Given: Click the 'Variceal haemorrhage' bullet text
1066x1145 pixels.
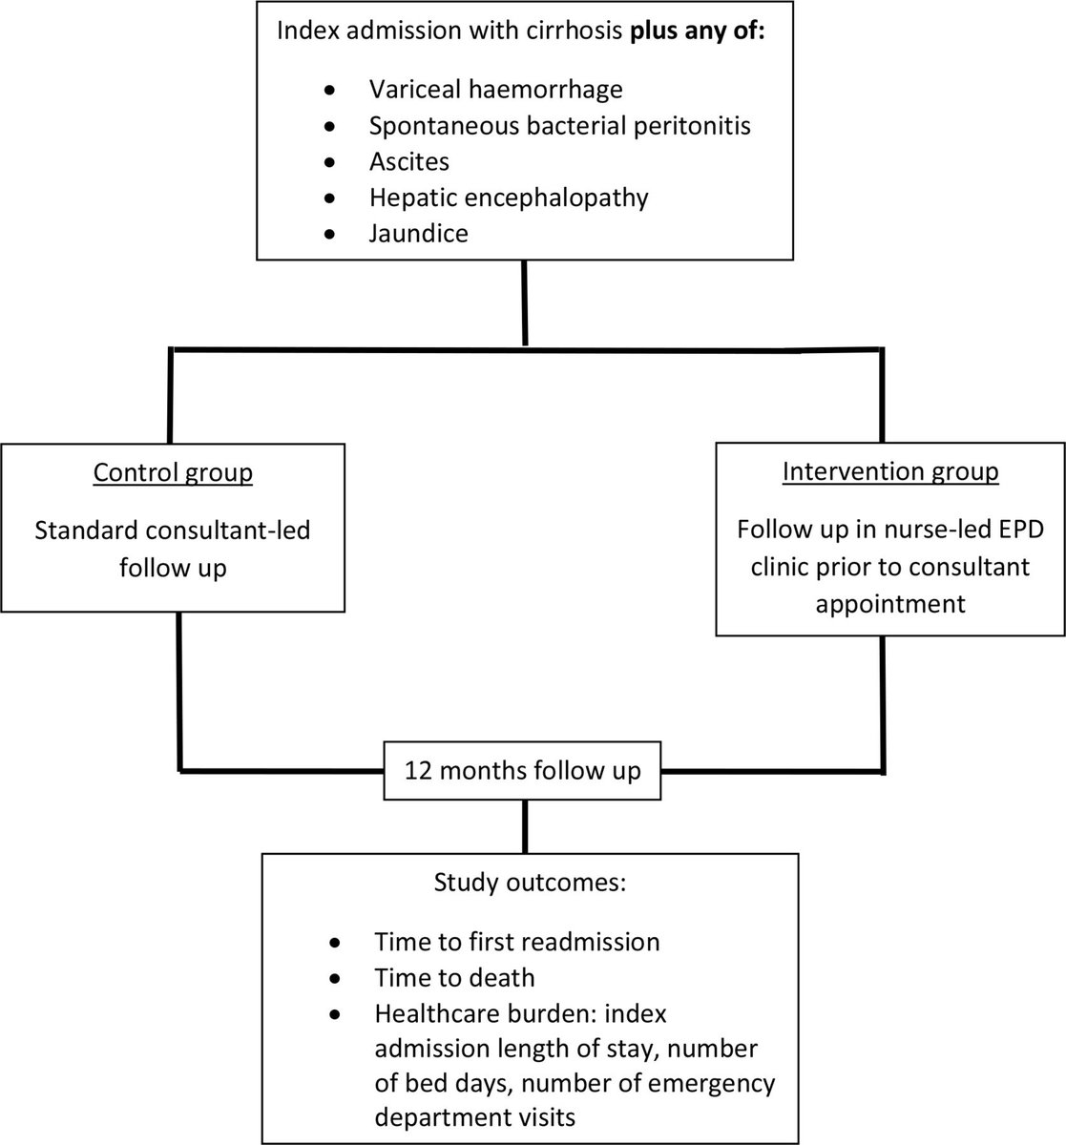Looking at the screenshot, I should point(495,90).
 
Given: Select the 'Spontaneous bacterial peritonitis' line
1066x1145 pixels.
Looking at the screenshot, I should point(559,126).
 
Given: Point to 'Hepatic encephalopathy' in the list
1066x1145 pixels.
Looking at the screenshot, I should point(509,198).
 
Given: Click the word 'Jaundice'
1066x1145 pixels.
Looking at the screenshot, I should point(419,233).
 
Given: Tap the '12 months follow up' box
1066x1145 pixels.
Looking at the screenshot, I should point(523,770).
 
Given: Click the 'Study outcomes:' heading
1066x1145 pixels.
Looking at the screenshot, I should point(529,882).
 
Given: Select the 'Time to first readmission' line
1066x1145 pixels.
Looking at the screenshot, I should point(516,942).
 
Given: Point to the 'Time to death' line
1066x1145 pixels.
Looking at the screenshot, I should point(454,977).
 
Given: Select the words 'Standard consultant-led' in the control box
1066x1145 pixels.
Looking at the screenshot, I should point(172,531).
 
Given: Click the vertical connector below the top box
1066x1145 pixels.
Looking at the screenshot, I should point(525,302).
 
